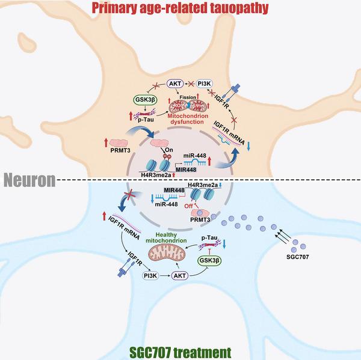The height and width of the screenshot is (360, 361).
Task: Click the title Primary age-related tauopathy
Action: click(180, 8)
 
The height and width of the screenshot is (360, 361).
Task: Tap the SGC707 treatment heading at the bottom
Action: click(180, 352)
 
